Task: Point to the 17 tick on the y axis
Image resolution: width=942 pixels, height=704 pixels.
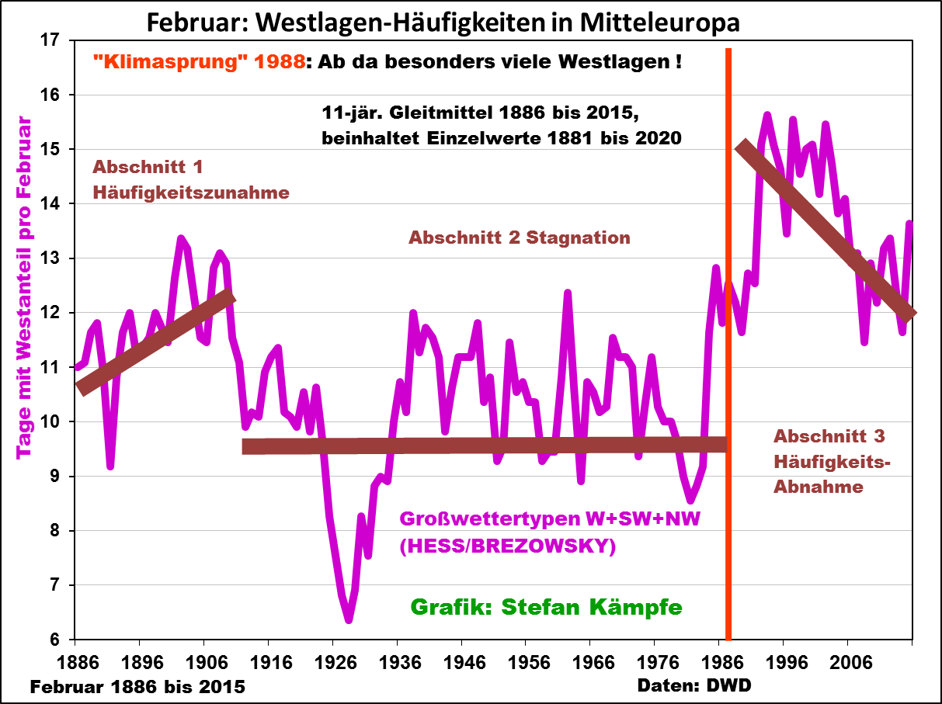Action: pyautogui.click(x=57, y=40)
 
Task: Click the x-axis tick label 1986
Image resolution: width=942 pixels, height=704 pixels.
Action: pyautogui.click(x=720, y=664)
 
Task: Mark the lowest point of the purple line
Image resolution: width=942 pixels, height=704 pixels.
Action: pyautogui.click(x=349, y=619)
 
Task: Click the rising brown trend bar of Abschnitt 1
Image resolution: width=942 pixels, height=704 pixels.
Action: pyautogui.click(x=155, y=341)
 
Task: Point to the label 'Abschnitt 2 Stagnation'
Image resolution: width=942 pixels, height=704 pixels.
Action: pyautogui.click(x=519, y=238)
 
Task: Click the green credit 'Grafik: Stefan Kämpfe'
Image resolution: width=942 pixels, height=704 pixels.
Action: pyautogui.click(x=545, y=607)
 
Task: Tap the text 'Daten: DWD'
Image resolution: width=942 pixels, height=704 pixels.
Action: pyautogui.click(x=694, y=686)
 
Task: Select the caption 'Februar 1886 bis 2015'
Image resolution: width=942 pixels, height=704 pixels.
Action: pyautogui.click(x=138, y=687)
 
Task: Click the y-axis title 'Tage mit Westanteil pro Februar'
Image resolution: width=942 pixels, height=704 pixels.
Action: pyautogui.click(x=23, y=287)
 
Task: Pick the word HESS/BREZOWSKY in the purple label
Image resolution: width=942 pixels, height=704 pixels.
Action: pyautogui.click(x=507, y=547)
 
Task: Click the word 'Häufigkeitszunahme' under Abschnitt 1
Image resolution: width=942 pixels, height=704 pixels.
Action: pyautogui.click(x=191, y=192)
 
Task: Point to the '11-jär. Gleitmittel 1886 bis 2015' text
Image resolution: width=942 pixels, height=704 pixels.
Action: pyautogui.click(x=480, y=113)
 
